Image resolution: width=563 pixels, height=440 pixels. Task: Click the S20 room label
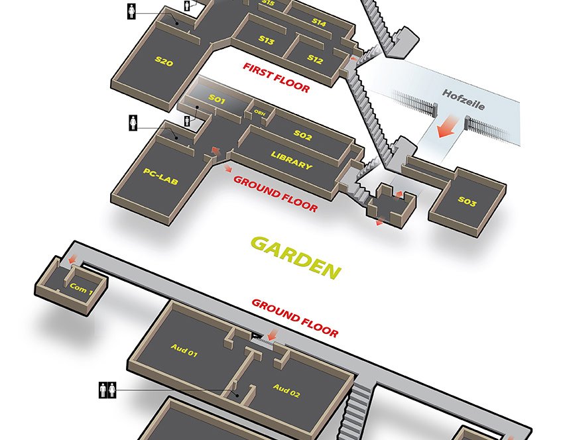tap(164, 62)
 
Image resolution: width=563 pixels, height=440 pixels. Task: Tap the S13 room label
tap(267, 40)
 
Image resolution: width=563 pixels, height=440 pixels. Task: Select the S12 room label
tap(315, 59)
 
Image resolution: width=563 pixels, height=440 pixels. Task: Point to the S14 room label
tap(319, 22)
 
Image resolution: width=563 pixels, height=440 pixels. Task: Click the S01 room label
tap(218, 99)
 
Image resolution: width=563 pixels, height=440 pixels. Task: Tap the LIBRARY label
tap(291, 160)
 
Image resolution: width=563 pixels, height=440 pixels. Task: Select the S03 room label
tap(467, 202)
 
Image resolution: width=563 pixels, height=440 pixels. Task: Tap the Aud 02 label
tap(286, 390)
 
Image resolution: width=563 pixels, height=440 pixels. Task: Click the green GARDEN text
tap(296, 256)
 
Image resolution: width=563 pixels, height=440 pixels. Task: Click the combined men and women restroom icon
tap(108, 390)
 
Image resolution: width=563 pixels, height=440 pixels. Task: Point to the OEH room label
tap(259, 112)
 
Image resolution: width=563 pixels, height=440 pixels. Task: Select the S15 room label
tap(268, 3)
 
